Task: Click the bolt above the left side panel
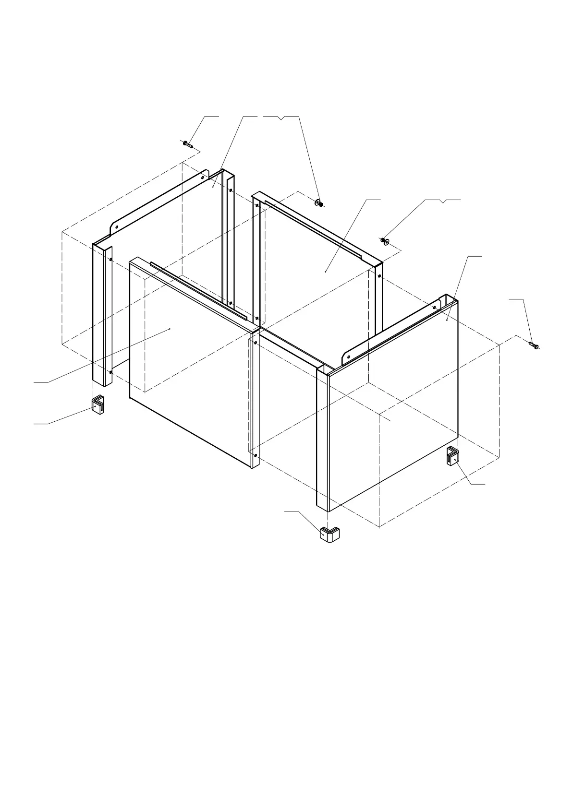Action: [187, 143]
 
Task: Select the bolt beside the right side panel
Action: [534, 345]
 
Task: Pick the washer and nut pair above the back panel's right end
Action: [384, 240]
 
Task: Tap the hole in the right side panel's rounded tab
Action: [348, 357]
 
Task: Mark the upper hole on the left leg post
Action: [111, 259]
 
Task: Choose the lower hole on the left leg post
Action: [111, 371]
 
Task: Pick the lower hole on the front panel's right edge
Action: [256, 455]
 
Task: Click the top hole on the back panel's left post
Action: [257, 205]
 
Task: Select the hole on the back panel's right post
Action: [379, 276]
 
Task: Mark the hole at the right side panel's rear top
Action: [434, 307]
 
